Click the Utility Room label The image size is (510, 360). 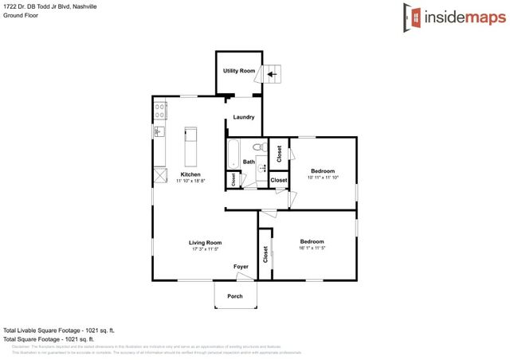click(239, 71)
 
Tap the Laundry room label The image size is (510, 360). click(243, 117)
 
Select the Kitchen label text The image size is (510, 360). click(190, 174)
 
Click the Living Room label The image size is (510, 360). click(205, 242)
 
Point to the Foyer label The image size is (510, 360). click(241, 266)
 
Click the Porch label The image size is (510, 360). click(235, 296)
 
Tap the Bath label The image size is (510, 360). click(249, 162)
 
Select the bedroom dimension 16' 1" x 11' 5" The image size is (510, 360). click(312, 248)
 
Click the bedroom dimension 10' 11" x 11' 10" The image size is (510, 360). click(324, 178)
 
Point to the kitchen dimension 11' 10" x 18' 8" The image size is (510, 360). click(190, 181)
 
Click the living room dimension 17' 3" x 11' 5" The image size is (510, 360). click(205, 248)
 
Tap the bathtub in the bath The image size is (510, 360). click(233, 155)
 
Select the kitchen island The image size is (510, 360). click(190, 143)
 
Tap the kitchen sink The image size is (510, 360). click(159, 131)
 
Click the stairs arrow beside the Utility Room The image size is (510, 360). click(272, 74)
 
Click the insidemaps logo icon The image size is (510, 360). click(411, 15)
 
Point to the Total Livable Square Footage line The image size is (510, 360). click(59, 330)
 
